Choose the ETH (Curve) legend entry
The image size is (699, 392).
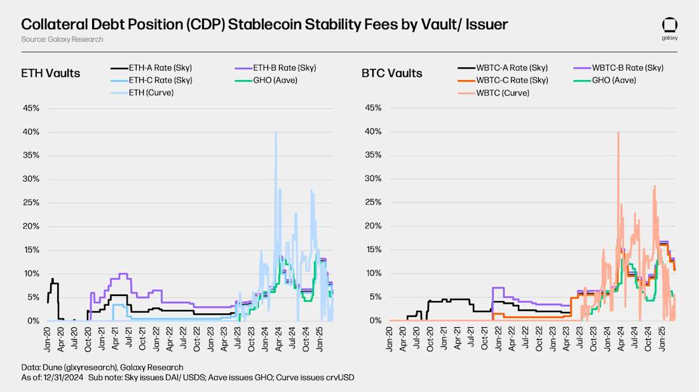tap(151, 93)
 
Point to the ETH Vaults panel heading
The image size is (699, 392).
tap(50, 73)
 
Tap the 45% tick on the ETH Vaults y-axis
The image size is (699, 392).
tap(32, 108)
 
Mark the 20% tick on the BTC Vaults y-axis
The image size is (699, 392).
tap(373, 227)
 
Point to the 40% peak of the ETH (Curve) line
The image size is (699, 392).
tap(275, 132)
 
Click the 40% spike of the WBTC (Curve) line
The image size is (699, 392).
tap(618, 132)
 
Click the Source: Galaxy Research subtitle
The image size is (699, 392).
tap(62, 39)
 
